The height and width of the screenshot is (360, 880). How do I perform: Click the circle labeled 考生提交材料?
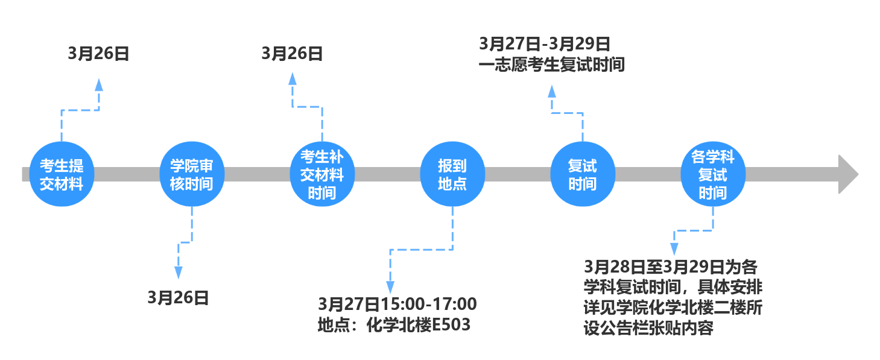point(62,174)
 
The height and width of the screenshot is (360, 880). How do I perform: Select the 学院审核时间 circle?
point(192,174)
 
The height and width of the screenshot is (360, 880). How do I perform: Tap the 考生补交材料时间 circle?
point(322,174)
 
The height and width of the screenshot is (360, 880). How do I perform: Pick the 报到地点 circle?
point(452,174)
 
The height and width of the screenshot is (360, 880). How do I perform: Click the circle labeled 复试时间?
point(583,174)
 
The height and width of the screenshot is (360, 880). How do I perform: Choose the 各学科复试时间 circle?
point(713,174)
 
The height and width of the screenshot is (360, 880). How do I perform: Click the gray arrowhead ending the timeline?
point(848,174)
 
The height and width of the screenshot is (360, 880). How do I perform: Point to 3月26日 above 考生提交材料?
point(98,54)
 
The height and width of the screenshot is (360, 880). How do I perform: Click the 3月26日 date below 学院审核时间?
point(178,297)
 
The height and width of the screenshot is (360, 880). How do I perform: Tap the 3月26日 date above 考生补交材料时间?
point(292,54)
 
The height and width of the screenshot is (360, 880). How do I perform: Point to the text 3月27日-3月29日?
point(545,44)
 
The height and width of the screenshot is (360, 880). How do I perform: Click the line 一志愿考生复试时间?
point(551,65)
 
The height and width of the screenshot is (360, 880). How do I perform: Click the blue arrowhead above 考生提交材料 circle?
point(99,84)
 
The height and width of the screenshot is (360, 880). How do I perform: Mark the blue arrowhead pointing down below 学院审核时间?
point(178,273)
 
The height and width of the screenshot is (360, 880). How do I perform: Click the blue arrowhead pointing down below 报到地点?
point(390,287)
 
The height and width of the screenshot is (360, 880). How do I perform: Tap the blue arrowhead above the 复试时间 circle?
point(551,91)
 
